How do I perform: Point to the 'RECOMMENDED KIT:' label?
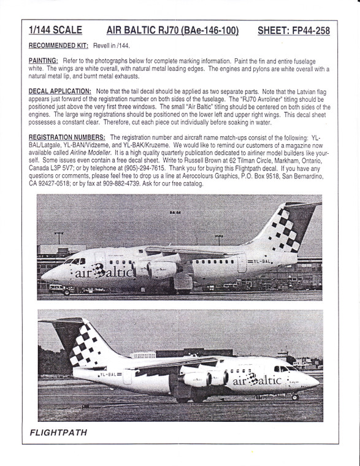tap(58, 45)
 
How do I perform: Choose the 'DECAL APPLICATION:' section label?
tap(59, 90)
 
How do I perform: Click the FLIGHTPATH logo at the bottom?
tap(58, 433)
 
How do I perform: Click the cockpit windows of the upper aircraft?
tap(72, 261)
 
